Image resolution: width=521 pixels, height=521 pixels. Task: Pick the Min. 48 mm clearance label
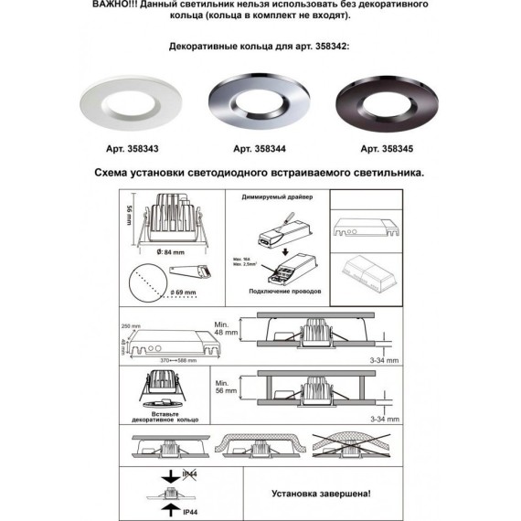pyautogui.click(x=224, y=327)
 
